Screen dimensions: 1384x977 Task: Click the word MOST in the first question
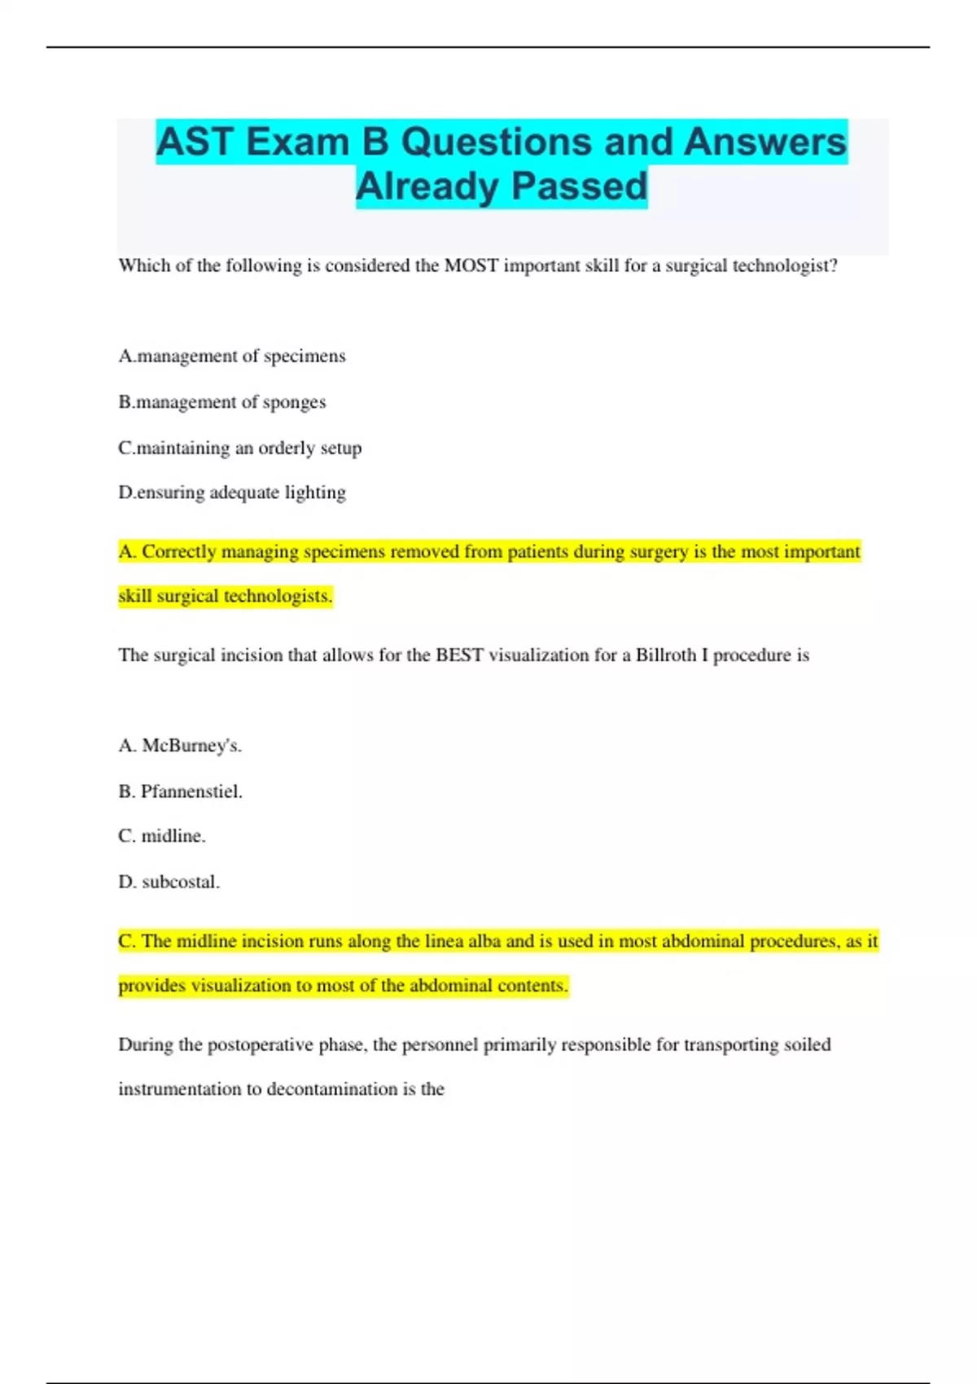(x=471, y=266)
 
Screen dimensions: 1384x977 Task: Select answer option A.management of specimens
(x=232, y=357)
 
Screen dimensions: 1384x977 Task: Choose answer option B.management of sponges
(x=222, y=402)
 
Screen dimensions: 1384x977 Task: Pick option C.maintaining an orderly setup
(x=240, y=448)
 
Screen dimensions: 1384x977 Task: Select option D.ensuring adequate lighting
(x=232, y=493)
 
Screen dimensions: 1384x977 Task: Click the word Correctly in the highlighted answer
(x=179, y=552)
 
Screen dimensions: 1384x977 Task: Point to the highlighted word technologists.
(x=278, y=596)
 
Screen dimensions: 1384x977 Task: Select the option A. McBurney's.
(x=180, y=746)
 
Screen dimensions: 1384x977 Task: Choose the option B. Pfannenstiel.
(x=181, y=791)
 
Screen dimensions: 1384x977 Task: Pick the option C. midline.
(x=162, y=836)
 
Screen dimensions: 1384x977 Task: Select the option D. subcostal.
(x=169, y=882)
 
